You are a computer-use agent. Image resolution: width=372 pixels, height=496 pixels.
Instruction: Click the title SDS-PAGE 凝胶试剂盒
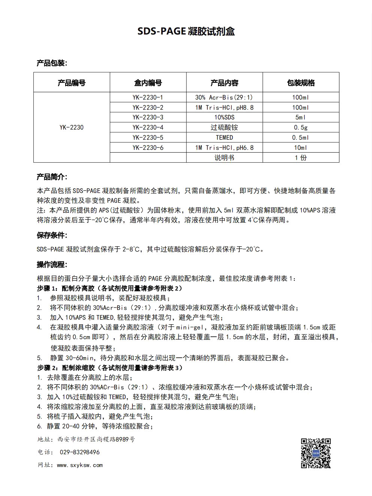(x=186, y=31)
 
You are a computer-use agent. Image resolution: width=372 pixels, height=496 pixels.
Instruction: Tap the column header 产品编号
(x=72, y=83)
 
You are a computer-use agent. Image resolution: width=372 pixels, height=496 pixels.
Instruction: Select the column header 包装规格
(x=301, y=83)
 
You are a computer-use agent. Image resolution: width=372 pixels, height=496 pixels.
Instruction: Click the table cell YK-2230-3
(x=148, y=117)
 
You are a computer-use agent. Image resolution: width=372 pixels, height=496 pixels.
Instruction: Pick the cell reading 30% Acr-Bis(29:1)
(x=224, y=97)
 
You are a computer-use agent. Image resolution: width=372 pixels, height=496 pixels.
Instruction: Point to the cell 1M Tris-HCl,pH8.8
(x=224, y=108)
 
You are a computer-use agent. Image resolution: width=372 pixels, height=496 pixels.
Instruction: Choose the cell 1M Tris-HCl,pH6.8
(x=224, y=148)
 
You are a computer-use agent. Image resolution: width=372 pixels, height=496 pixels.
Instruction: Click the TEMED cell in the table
(x=224, y=138)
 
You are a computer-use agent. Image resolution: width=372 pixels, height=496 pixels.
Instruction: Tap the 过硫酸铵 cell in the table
(x=224, y=127)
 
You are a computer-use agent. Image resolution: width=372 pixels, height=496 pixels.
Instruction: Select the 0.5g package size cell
(x=301, y=127)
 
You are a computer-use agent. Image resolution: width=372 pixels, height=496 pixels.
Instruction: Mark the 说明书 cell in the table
(x=224, y=158)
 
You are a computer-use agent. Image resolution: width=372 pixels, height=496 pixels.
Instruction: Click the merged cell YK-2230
(x=72, y=127)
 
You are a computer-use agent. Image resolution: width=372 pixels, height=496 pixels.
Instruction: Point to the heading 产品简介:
(x=52, y=177)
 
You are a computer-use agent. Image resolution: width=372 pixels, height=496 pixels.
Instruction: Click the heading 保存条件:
(x=52, y=235)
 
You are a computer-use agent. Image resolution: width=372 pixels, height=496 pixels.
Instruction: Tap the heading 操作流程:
(x=52, y=265)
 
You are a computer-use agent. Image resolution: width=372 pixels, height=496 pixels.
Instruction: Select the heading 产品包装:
(x=52, y=63)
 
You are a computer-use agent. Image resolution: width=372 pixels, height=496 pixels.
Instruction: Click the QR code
(x=316, y=453)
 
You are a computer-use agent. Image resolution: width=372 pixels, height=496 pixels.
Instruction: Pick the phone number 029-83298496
(x=80, y=452)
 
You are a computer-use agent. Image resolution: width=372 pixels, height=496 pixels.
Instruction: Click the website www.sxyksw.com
(x=80, y=465)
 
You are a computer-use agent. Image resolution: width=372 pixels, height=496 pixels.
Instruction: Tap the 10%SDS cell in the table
(x=224, y=117)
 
